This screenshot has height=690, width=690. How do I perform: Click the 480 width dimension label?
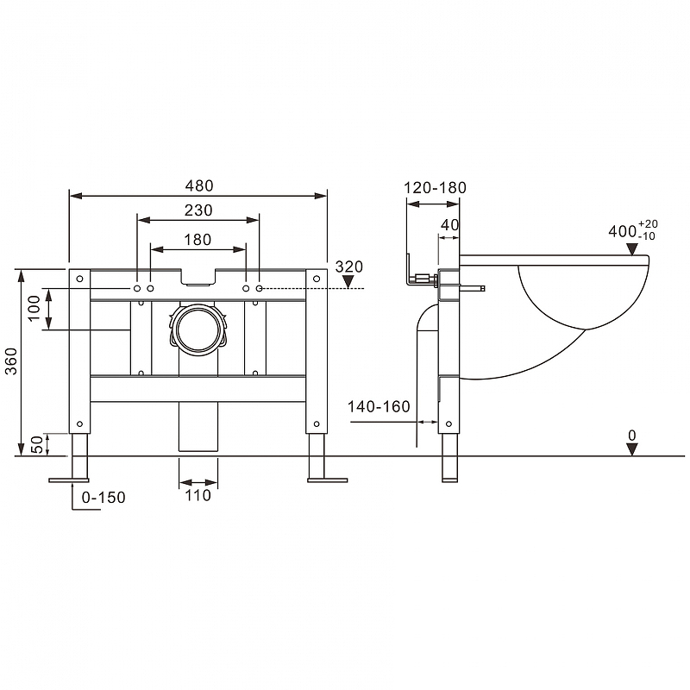[x=199, y=185]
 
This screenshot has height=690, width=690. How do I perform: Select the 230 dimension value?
[x=198, y=210]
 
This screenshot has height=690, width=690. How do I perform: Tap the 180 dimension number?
[x=198, y=240]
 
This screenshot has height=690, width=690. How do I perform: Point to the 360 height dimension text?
[x=10, y=361]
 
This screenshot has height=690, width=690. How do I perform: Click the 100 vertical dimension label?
[x=34, y=309]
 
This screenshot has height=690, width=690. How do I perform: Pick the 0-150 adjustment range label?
[x=103, y=498]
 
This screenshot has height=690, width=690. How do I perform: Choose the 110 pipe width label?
[x=198, y=495]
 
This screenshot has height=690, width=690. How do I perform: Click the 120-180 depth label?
[x=436, y=188]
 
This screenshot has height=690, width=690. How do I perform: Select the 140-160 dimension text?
[x=379, y=406]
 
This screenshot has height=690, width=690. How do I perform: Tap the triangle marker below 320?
[x=348, y=282]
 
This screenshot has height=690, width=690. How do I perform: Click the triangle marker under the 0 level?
[x=632, y=449]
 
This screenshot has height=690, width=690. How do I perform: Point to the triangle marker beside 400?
[x=632, y=249]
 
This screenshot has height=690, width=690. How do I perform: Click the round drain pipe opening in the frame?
[x=198, y=330]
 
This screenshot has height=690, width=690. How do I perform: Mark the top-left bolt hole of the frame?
[x=79, y=279]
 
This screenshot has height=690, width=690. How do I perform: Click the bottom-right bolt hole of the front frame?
[x=317, y=424]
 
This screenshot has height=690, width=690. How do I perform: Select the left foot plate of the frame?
[x=69, y=480]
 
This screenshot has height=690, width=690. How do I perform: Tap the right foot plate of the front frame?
[x=328, y=480]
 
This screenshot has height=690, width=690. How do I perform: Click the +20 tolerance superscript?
[x=648, y=224]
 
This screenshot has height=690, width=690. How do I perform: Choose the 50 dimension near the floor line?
[x=38, y=444]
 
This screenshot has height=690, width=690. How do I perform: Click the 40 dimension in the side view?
[x=449, y=225]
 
